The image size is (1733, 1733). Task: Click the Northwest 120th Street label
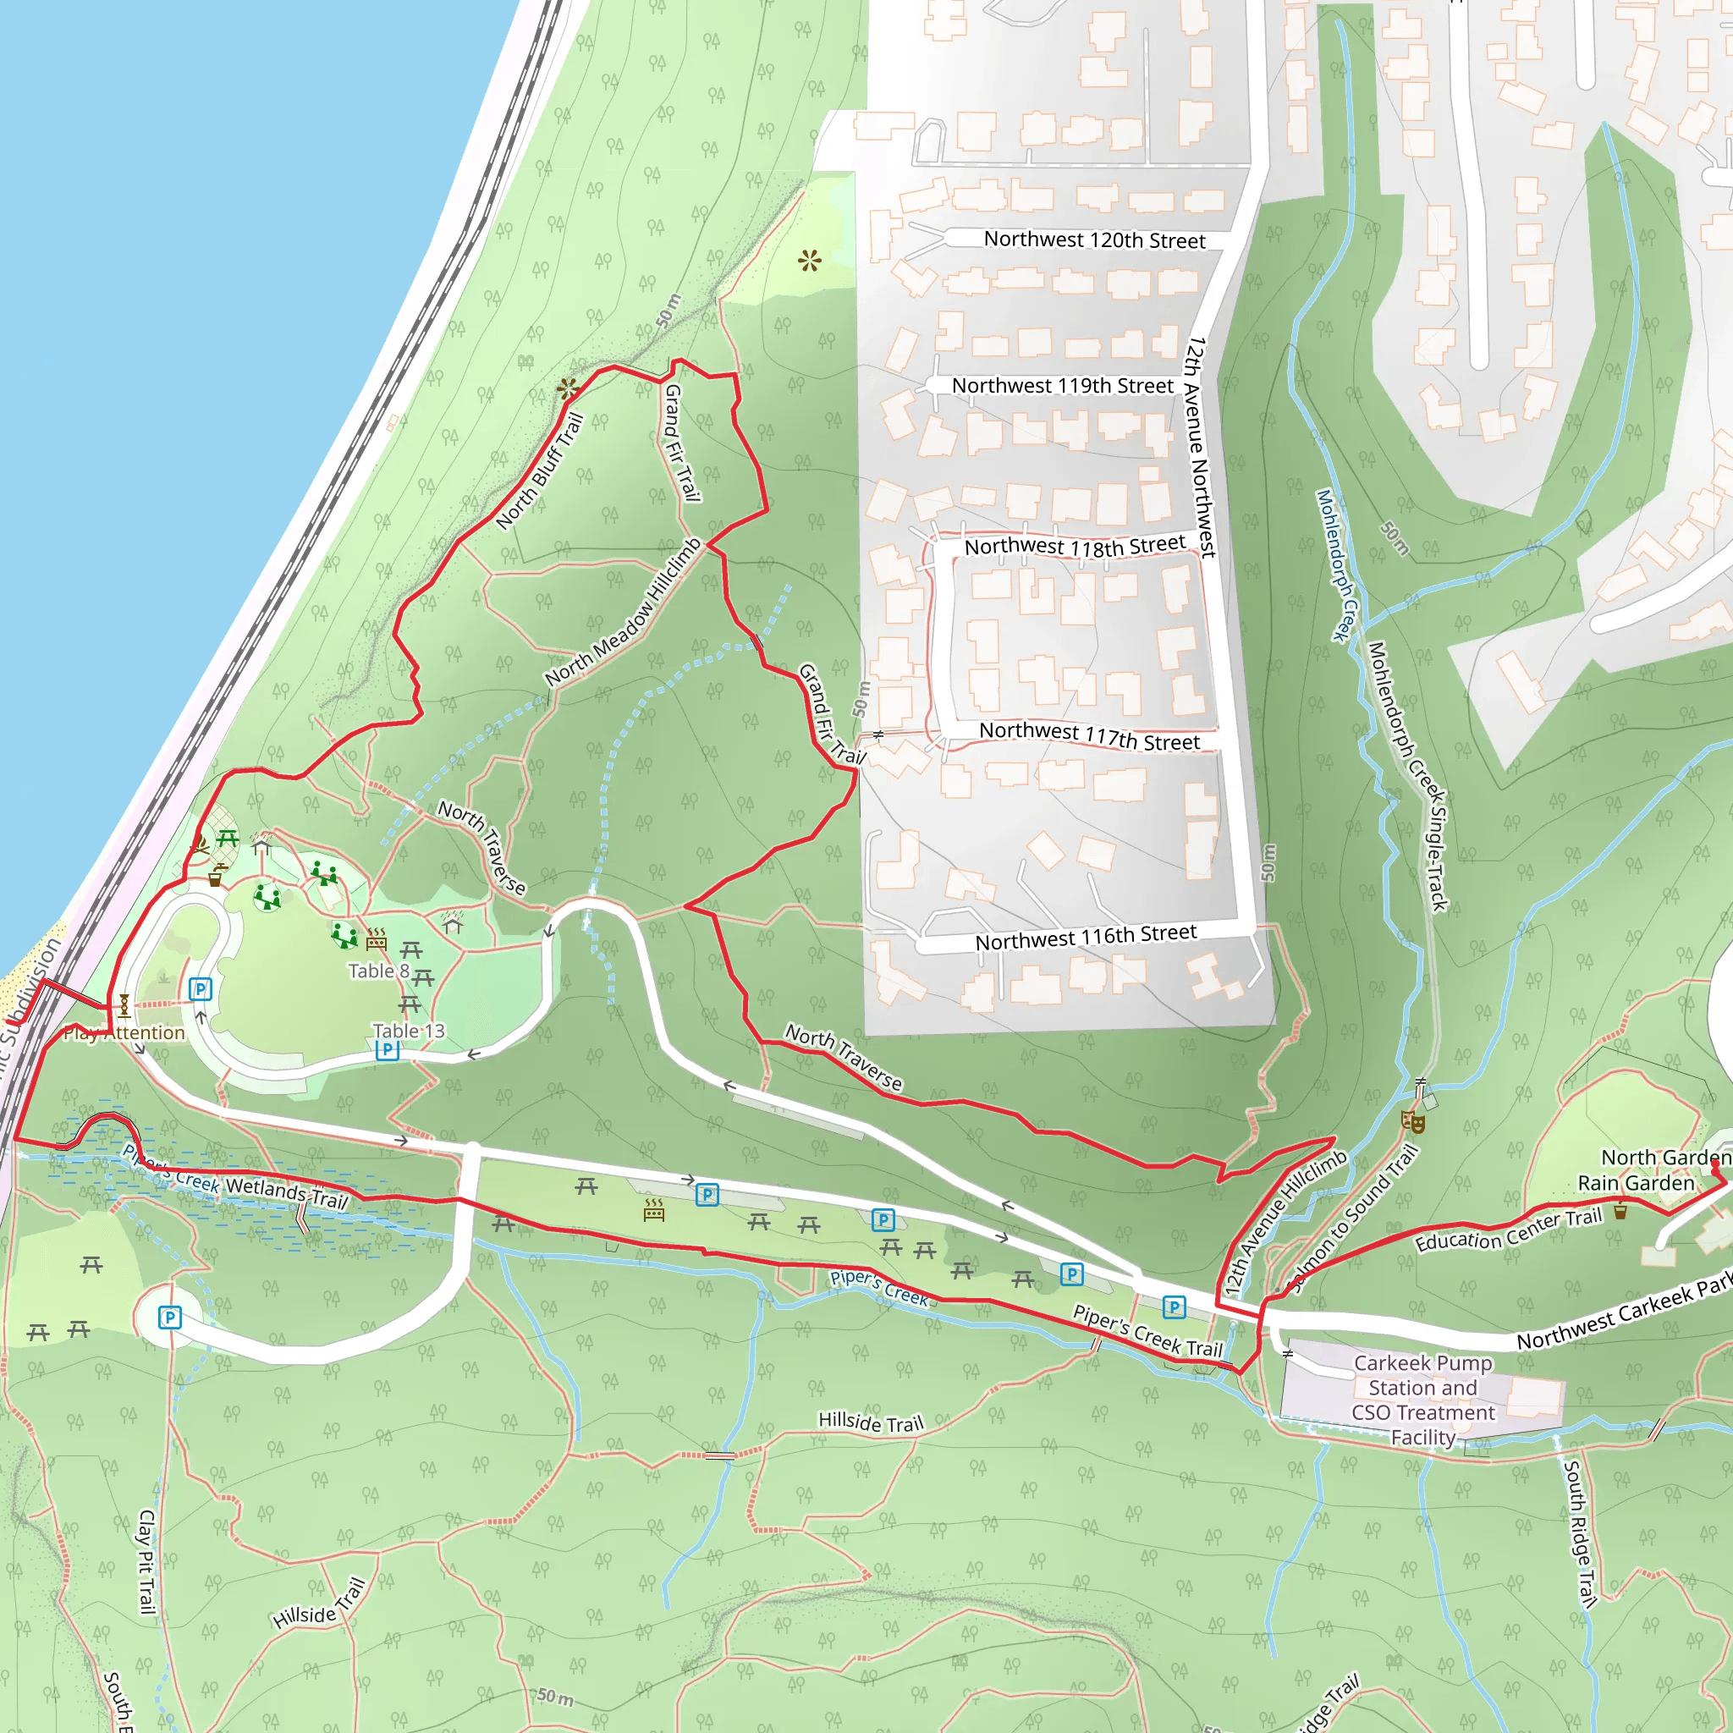[x=1094, y=239]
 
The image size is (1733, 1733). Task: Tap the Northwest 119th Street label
[x=1062, y=386]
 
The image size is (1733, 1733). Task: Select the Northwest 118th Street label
[x=1075, y=546]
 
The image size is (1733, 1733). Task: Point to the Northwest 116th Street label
[x=1086, y=938]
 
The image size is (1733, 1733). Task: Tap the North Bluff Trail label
[x=540, y=471]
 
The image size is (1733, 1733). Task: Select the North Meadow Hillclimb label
[x=624, y=613]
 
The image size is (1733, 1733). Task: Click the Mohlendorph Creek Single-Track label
[x=1407, y=777]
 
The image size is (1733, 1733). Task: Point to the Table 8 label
[x=378, y=971]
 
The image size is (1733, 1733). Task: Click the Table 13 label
[x=408, y=1031]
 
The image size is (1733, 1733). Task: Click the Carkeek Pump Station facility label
[x=1422, y=1400]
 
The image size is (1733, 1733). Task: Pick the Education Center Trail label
[x=1508, y=1230]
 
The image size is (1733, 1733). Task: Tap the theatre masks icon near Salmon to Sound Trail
[x=1413, y=1120]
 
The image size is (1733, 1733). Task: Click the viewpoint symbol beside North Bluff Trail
[x=568, y=389]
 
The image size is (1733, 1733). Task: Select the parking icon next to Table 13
[x=387, y=1050]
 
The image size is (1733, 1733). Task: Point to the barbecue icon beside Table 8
[x=377, y=939]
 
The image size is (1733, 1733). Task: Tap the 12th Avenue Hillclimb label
[x=1285, y=1221]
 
